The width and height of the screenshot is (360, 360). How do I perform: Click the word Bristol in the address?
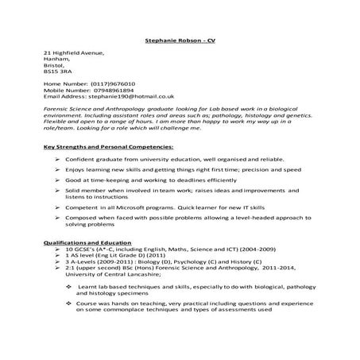(x=55, y=65)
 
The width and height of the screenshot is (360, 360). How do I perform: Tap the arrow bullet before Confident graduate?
(x=59, y=161)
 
